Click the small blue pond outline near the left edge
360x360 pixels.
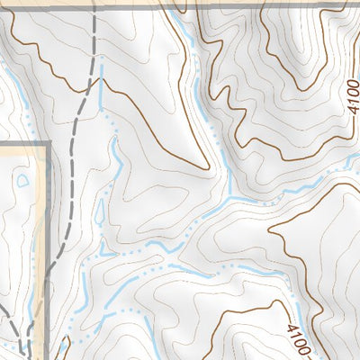click(21, 180)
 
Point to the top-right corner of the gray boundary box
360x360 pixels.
click(47, 144)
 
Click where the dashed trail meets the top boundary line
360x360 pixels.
click(93, 7)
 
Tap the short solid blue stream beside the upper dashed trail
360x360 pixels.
click(102, 85)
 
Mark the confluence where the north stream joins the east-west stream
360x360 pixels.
click(229, 196)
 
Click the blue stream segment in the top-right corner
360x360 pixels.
click(351, 163)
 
